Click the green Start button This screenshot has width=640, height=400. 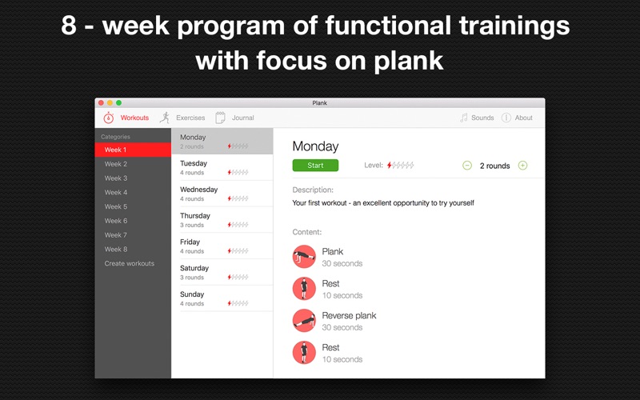click(x=315, y=166)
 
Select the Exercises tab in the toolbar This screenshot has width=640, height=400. click(x=182, y=118)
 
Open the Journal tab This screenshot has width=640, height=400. click(x=234, y=118)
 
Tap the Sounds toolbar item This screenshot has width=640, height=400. click(x=477, y=118)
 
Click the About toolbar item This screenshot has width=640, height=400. click(x=517, y=118)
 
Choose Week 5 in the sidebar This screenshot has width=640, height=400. click(x=116, y=206)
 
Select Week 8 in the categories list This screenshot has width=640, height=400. click(x=116, y=249)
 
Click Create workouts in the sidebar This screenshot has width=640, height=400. click(x=130, y=263)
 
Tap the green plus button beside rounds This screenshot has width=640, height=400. click(x=522, y=166)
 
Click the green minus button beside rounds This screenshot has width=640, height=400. click(x=467, y=166)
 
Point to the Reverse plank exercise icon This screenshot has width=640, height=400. click(x=304, y=321)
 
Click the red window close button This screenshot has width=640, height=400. click(x=101, y=103)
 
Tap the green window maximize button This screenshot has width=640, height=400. click(x=118, y=103)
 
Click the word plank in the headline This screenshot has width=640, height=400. click(x=409, y=62)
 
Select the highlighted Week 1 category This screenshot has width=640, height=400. click(x=133, y=150)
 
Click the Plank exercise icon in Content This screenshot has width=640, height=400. click(x=304, y=256)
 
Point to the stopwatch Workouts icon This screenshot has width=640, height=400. click(x=108, y=118)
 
